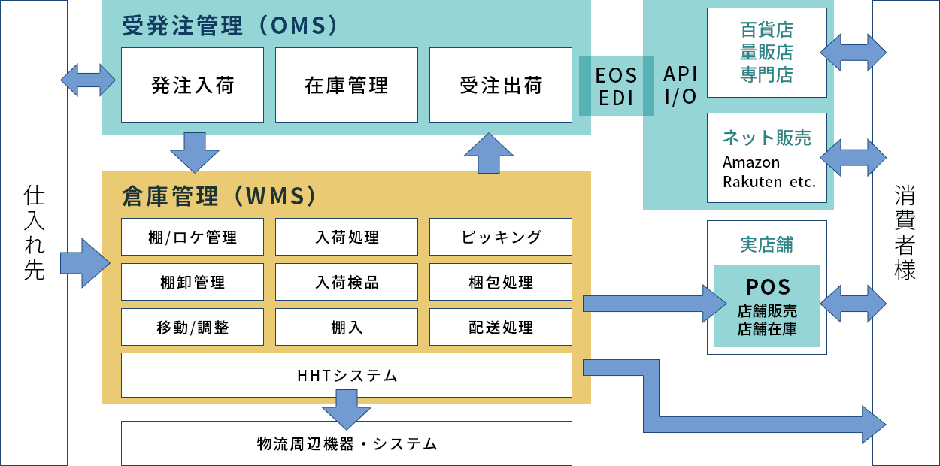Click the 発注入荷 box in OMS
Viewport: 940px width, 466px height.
193,85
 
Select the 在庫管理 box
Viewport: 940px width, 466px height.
347,85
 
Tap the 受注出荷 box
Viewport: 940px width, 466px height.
501,85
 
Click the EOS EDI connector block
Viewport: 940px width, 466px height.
616,86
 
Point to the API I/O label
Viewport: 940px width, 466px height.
680,86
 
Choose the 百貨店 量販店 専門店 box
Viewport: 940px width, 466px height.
766,53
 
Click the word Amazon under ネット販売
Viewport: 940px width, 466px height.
750,162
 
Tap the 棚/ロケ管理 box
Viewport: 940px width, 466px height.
193,238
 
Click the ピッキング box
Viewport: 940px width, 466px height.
501,238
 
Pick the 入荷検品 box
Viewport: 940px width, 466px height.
347,283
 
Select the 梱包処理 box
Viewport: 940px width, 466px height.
501,283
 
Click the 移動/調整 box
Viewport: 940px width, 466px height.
193,328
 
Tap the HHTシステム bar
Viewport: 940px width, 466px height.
347,375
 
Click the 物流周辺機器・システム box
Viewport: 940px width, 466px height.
347,443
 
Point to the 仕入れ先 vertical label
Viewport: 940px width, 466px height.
35,233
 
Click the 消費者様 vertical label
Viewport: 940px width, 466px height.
905,233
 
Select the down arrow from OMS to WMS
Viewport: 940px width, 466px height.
195,153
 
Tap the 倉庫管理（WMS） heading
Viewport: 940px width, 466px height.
218,196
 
